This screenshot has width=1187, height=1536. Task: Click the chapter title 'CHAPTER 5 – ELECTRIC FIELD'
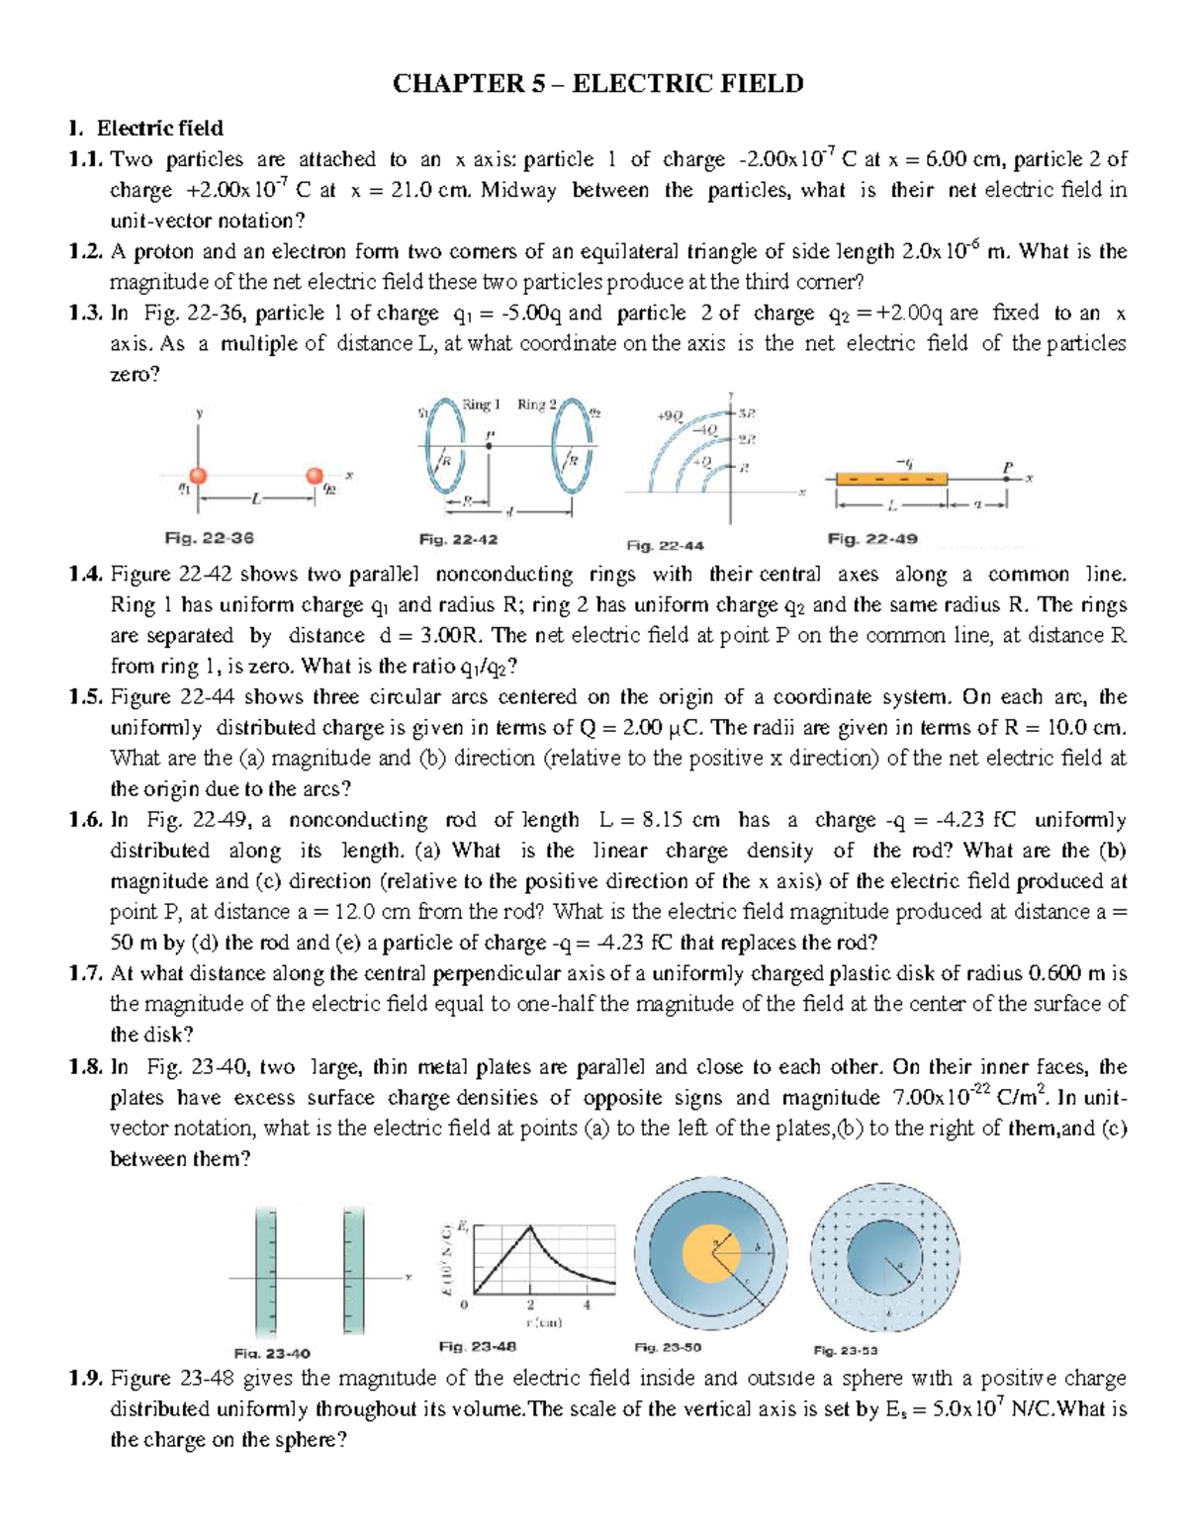click(x=597, y=84)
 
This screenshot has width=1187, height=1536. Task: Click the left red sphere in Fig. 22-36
click(x=198, y=476)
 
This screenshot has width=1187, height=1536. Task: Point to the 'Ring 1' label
click(x=482, y=405)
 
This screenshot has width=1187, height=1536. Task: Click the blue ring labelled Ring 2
click(x=572, y=447)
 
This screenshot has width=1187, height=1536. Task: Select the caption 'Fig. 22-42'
click(x=458, y=540)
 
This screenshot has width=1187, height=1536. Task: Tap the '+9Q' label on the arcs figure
click(x=670, y=416)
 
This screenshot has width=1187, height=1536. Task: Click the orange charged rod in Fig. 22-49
click(x=891, y=479)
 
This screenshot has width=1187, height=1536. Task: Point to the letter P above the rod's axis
click(x=1007, y=466)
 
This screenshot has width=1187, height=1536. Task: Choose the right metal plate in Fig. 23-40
click(x=354, y=1272)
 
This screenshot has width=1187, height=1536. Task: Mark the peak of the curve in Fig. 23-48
click(x=531, y=1226)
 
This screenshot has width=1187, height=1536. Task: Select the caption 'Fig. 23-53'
click(x=846, y=1350)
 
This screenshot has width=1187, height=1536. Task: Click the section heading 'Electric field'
click(x=159, y=129)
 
